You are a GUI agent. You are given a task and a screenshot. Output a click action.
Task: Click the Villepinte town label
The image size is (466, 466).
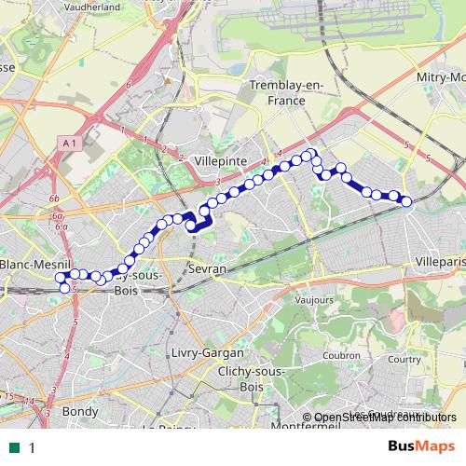(x=220, y=161)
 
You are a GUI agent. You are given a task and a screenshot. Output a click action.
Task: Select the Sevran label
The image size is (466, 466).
(x=207, y=268)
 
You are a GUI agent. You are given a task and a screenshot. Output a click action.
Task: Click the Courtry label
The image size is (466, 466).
(x=404, y=358)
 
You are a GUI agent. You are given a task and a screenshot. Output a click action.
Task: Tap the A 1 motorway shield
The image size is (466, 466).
(x=65, y=143)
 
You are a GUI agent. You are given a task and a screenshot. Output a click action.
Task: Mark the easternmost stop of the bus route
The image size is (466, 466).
(x=406, y=201)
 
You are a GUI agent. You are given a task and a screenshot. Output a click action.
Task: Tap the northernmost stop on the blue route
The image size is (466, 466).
(x=313, y=152)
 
